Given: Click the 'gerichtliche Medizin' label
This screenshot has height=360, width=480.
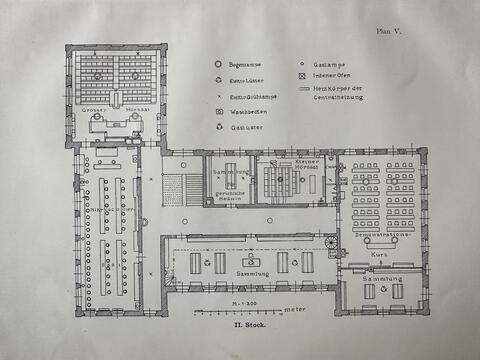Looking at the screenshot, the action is [229, 196].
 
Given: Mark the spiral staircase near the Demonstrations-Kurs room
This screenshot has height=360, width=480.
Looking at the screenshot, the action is [331, 243].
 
